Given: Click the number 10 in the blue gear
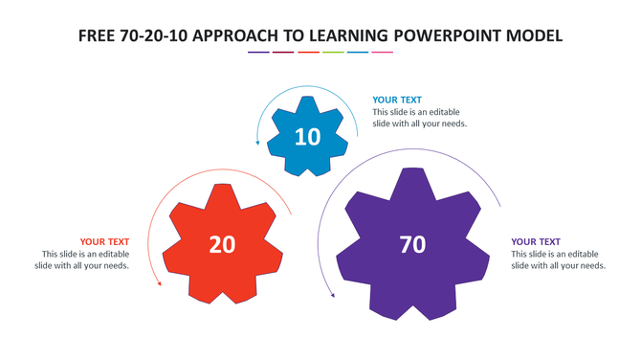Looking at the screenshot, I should click(307, 137).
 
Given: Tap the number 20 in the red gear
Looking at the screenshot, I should click(222, 245).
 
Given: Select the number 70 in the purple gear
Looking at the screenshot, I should click(412, 245).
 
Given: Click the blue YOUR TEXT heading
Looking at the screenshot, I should click(397, 100).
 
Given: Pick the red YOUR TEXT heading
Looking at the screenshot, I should click(104, 241).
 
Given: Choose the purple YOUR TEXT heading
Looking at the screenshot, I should click(536, 241).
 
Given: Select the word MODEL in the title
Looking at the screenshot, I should click(538, 35).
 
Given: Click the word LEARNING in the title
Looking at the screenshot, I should click(355, 35).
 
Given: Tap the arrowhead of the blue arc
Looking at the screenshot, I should click(257, 143).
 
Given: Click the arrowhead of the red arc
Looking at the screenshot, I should click(159, 283).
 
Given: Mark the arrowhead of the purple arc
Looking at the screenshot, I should click(333, 295).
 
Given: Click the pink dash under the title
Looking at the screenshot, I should click(383, 53).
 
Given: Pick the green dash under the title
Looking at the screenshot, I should click(333, 53).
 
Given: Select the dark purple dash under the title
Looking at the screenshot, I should click(258, 53).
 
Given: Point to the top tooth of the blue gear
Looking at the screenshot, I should click(307, 102).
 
